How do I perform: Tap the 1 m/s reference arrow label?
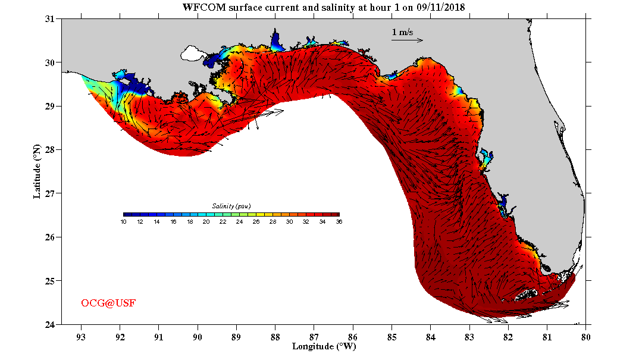402,32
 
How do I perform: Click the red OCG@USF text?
108,303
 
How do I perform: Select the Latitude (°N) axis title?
37,171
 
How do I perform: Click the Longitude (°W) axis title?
324,346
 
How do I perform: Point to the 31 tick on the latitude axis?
50,19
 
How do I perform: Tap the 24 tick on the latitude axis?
50,324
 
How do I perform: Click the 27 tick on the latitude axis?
50,193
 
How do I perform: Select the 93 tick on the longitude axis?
81,336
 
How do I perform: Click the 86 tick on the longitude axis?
353,336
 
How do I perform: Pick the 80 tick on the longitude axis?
586,336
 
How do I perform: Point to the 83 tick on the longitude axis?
469,336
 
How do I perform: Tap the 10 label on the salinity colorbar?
124,221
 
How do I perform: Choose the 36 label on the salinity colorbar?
339,221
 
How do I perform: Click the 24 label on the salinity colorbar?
239,221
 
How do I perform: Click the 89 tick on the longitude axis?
236,336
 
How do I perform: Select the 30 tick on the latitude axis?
50,62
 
